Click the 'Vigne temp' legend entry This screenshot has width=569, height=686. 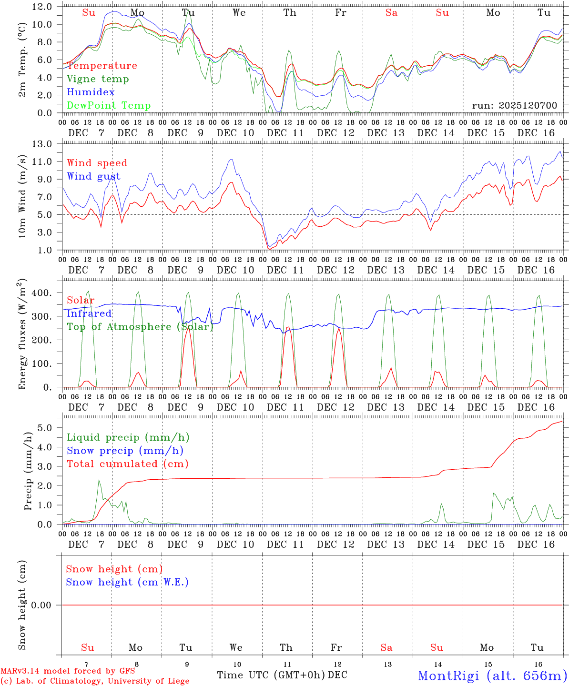tap(98, 79)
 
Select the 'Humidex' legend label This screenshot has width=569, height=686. tap(91, 92)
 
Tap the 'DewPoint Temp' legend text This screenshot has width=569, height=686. tap(109, 106)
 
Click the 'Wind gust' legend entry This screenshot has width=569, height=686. tap(93, 177)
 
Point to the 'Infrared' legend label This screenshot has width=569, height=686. tap(89, 313)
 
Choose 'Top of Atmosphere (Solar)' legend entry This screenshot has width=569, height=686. tap(140, 327)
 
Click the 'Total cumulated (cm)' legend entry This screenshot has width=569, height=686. tap(128, 464)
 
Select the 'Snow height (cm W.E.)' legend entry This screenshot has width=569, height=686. tap(127, 582)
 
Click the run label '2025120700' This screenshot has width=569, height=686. tap(514, 105)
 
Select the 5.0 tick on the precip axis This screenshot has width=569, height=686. tap(45, 428)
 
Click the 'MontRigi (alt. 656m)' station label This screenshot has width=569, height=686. tap(492, 676)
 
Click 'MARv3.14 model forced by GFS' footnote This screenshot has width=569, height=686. tap(68, 671)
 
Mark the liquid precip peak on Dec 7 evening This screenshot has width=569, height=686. tap(99, 480)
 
